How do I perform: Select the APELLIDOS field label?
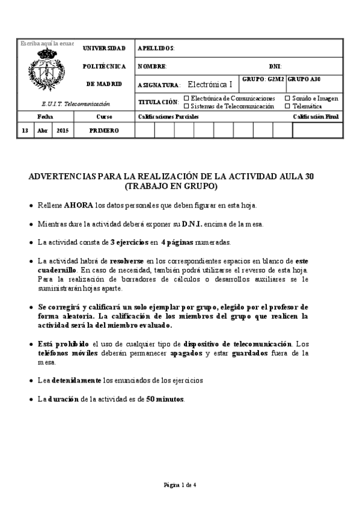click(156, 48)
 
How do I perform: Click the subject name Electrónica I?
click(210, 85)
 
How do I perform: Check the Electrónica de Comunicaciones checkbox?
click(186, 97)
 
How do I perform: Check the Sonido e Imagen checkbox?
click(287, 97)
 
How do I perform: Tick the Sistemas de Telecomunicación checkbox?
click(186, 105)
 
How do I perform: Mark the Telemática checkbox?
click(287, 105)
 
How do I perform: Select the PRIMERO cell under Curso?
click(104, 130)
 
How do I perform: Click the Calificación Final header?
click(316, 116)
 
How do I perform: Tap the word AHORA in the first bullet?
click(79, 205)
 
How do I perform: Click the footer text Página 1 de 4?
click(180, 485)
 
